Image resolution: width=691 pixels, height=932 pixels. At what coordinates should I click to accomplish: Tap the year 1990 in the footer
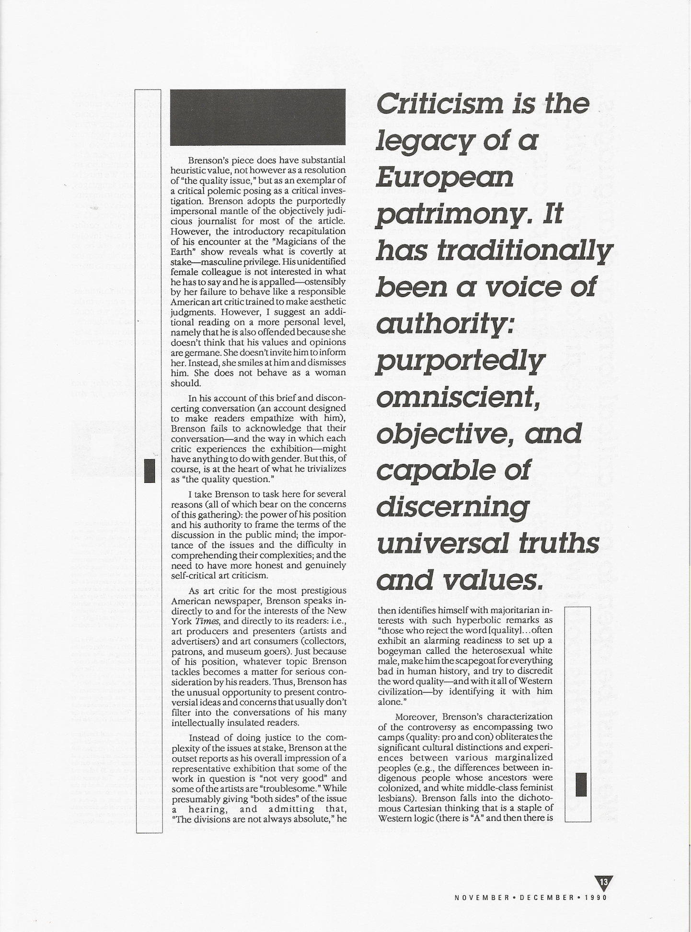[x=596, y=897]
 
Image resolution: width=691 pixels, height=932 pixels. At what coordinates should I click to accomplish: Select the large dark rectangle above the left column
[x=258, y=117]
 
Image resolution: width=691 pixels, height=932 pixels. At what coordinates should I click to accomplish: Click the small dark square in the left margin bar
[x=150, y=470]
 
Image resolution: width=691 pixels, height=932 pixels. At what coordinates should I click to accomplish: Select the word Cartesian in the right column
[x=428, y=807]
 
